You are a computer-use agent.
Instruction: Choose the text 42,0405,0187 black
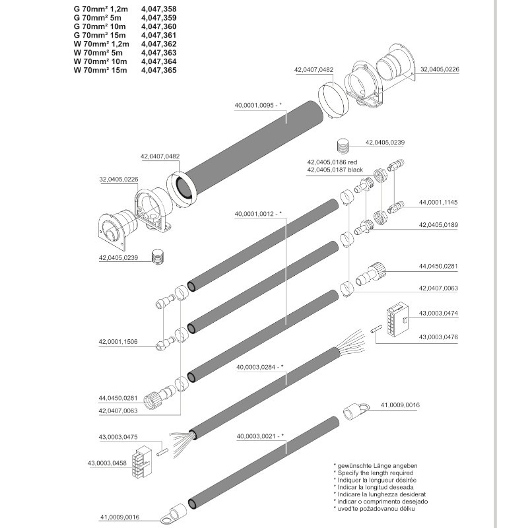pos(335,170)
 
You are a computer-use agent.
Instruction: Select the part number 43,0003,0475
pos(118,436)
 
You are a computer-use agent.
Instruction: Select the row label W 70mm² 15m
pos(100,70)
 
